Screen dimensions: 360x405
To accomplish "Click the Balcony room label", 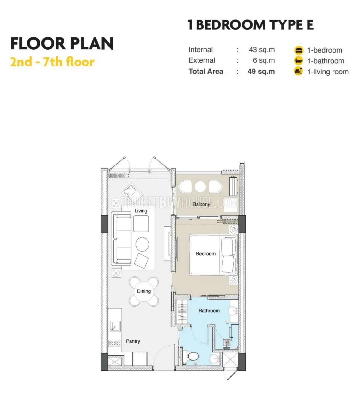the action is pos(201,204).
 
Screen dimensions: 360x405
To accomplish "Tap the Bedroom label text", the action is pos(206,254).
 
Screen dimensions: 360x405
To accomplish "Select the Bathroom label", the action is pos(209,311).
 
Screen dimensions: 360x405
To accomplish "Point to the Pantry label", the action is pos(133,341).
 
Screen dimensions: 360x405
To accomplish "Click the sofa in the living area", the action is pos(121,239).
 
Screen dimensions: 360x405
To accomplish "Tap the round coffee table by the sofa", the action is pos(142,244).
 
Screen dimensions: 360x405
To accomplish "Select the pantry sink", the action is pos(115,326).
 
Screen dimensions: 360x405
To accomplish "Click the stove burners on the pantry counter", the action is pos(114,343).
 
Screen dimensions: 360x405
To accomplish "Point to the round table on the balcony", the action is pos(200,187).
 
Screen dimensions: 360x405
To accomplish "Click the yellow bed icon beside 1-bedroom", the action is pos(299,50).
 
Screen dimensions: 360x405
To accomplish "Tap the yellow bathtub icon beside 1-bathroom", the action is pos(299,61).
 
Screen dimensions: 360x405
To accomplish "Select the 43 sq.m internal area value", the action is pos(262,50).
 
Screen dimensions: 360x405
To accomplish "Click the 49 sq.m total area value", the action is pos(261,72).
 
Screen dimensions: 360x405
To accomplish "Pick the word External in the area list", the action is pos(202,60).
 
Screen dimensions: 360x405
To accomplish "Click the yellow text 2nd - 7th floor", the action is pos(52,62).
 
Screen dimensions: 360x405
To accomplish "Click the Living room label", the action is pos(141,211).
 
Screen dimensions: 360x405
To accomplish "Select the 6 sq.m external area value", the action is pos(264,60).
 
